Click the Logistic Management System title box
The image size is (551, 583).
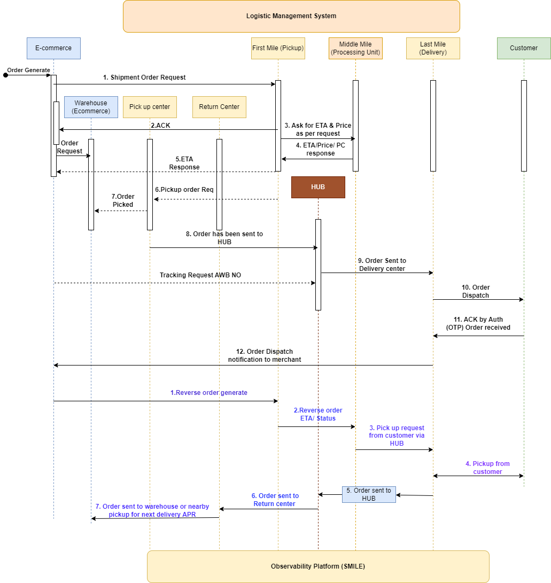pos(291,16)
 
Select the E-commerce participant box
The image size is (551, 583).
pos(53,48)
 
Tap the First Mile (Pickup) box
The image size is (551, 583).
pos(278,48)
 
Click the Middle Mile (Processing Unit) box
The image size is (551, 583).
pos(355,48)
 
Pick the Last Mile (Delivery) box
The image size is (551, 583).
pos(433,48)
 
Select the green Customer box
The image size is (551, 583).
pos(524,48)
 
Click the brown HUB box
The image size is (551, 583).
pos(318,187)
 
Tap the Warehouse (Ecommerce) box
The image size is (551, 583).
pos(91,107)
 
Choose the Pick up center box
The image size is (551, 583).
pos(150,107)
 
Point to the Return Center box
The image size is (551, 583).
pos(219,107)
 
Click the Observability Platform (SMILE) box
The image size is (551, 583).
pos(318,566)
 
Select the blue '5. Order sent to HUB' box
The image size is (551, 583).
pos(369,494)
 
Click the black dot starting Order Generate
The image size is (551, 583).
pos(5,75)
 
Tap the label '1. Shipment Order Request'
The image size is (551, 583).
pos(144,77)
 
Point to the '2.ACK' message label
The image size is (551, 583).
pos(160,125)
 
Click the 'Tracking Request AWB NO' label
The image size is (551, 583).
pos(200,275)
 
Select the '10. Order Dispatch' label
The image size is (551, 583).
pos(476,291)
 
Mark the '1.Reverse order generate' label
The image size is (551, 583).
pos(209,393)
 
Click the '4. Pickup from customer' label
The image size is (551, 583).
pos(487,468)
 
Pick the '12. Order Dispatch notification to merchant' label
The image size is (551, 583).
pos(265,356)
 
